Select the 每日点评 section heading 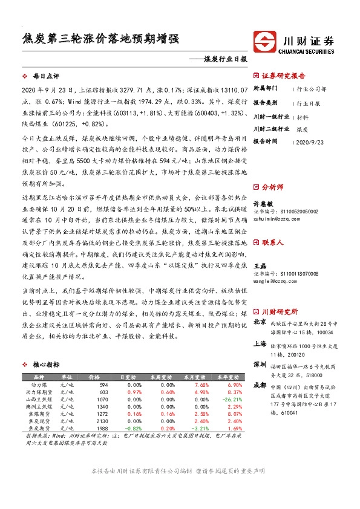(x=46, y=77)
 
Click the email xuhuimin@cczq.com (x=277, y=219)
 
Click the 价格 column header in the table (x=94, y=377)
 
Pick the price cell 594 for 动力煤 (x=103, y=384)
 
